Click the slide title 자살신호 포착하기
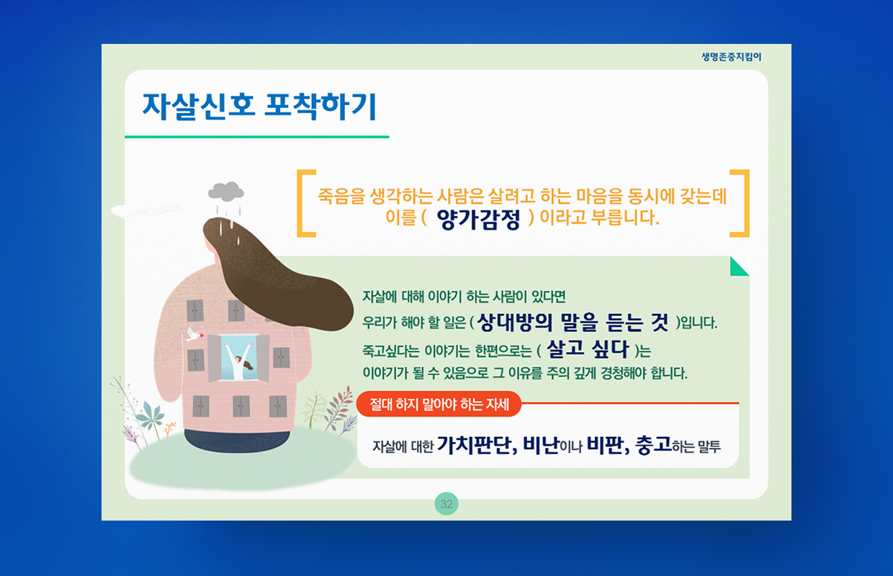[259, 106]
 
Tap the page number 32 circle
[446, 504]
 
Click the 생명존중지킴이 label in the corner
[731, 57]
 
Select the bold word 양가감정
[478, 219]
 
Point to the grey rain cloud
[225, 192]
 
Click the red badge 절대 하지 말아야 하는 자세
[439, 404]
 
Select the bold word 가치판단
[477, 445]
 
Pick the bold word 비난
[541, 445]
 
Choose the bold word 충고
[654, 445]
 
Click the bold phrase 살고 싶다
[588, 349]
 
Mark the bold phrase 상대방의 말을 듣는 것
[573, 322]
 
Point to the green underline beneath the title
[256, 137]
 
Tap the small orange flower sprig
[170, 428]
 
